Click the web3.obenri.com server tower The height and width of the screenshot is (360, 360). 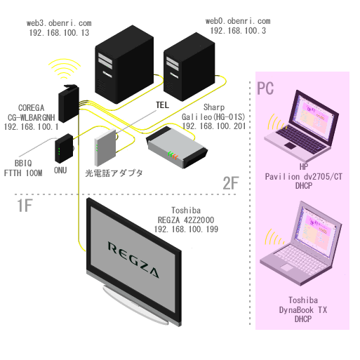tap(124, 65)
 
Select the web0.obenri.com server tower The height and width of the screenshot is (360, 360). tap(189, 67)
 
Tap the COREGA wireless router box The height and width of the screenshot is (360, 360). tap(69, 103)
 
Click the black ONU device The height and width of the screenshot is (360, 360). tap(64, 149)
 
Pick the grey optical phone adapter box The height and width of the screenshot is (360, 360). tap(105, 147)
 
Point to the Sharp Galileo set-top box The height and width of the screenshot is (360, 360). tap(177, 147)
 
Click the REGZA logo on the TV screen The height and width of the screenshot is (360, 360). tap(133, 260)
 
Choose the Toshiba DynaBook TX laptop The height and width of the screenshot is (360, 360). tap(301, 244)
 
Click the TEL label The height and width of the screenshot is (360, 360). tap(162, 105)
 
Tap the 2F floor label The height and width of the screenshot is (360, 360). tap(231, 183)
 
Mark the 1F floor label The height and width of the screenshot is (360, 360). tap(25, 206)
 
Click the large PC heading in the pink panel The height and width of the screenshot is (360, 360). tap(265, 88)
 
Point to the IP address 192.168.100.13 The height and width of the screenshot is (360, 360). tap(59, 33)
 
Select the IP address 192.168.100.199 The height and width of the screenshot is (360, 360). tap(186, 229)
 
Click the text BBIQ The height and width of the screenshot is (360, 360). tap(23, 163)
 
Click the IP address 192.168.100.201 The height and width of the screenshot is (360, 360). tap(214, 126)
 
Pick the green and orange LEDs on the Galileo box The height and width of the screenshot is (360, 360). tap(173, 155)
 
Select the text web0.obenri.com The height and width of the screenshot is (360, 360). tap(238, 21)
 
